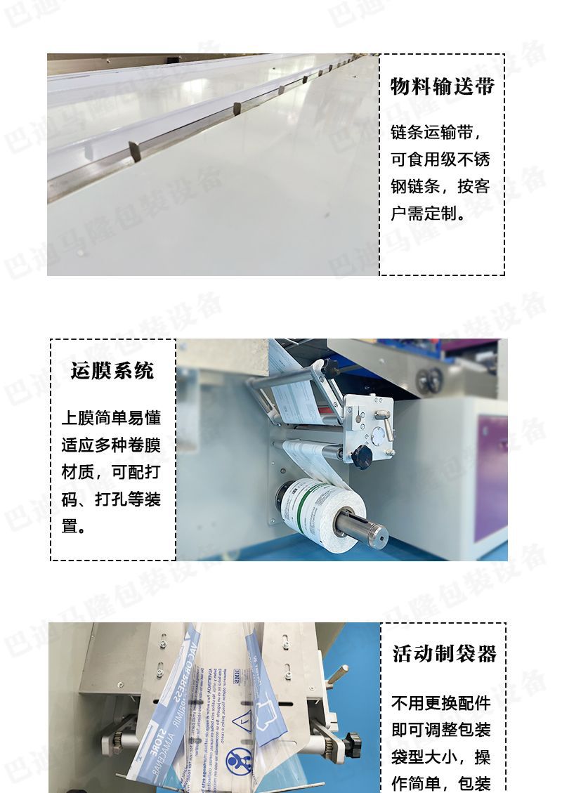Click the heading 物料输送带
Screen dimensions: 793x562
[442, 86]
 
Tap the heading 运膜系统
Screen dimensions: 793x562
[112, 370]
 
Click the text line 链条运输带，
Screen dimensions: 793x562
[436, 132]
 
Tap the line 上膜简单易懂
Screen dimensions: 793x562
[112, 418]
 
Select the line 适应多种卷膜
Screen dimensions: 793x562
[112, 445]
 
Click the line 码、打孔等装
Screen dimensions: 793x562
[112, 499]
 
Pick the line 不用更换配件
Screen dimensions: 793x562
[441, 703]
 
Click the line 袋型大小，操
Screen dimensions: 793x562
[441, 757]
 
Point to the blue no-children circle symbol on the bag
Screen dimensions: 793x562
[238, 761]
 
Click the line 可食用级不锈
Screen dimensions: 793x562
[440, 159]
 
